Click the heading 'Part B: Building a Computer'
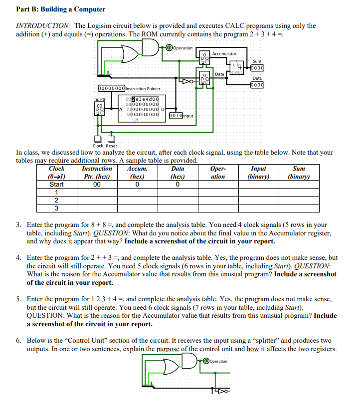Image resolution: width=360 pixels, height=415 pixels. coord(61,9)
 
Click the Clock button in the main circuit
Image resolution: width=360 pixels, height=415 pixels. coord(97,139)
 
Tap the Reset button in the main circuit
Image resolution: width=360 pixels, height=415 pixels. coord(112,139)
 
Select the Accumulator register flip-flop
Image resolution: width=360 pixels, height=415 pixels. coord(203,59)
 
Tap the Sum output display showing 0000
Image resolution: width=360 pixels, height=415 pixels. coord(257,68)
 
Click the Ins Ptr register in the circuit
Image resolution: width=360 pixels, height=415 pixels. coord(100,108)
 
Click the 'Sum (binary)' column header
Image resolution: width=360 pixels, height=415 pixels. coord(299,173)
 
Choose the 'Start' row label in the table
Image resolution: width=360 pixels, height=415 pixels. coord(56,184)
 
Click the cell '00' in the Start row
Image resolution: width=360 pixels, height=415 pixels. coord(97,184)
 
